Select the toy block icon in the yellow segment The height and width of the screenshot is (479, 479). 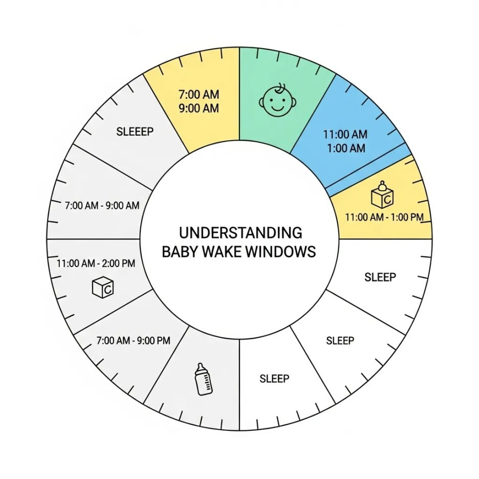tap(383, 194)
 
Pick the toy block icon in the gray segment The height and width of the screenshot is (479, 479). tap(102, 287)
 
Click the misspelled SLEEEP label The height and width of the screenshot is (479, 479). tap(135, 132)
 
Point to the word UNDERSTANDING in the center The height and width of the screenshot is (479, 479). tap(241, 233)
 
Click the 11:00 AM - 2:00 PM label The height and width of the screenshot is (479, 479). tap(96, 264)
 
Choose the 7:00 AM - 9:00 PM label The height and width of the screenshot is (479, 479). tap(133, 340)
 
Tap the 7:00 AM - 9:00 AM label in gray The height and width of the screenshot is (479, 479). tap(102, 206)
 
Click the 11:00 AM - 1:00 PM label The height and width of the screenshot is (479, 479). tap(384, 217)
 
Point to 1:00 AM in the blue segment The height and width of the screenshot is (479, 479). tap(345, 148)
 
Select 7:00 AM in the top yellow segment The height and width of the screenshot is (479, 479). tap(199, 95)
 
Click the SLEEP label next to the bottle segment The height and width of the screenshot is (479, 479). tap(274, 379)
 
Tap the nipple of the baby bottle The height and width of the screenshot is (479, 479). tap(201, 366)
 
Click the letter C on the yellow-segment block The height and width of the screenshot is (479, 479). tap(388, 198)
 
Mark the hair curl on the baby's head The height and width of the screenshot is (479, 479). tap(279, 87)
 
